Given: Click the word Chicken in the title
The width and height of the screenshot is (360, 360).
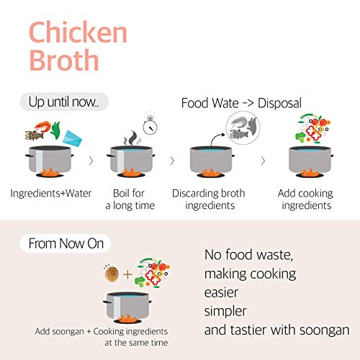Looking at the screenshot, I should pyautogui.click(x=78, y=32).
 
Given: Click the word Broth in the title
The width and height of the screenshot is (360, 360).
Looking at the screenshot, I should pyautogui.click(x=63, y=60).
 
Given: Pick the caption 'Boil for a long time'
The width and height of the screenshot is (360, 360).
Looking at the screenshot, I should pyautogui.click(x=130, y=199).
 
